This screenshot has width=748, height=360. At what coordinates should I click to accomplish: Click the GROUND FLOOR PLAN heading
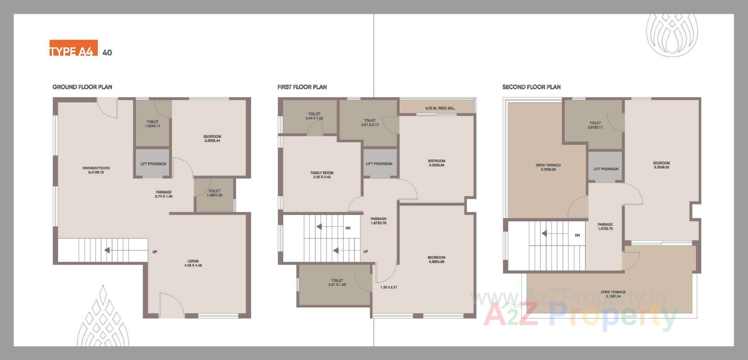pos(82,87)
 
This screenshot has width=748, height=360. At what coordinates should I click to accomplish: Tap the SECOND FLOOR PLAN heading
pos(531,87)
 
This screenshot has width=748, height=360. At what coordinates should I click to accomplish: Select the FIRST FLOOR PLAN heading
pos(302,87)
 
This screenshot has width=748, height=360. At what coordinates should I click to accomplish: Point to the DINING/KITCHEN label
pos(96,170)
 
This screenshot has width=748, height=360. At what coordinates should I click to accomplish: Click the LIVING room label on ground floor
pos(193,263)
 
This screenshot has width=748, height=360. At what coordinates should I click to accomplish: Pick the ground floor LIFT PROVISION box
pos(153,164)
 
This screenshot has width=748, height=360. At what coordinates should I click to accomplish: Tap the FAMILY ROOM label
pos(322,175)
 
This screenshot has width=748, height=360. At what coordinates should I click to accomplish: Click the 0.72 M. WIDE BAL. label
pos(440,108)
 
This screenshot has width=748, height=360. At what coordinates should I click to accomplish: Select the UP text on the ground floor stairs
pos(155,252)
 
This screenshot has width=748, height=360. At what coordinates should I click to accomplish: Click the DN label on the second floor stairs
pos(577,235)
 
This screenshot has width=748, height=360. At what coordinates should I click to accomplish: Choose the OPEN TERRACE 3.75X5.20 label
pos(548,167)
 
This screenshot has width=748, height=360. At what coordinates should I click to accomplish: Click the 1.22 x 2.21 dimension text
pos(388,287)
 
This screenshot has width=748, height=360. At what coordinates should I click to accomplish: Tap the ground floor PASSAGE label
pos(164,194)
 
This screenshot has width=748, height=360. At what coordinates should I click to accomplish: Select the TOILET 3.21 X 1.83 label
pos(337,282)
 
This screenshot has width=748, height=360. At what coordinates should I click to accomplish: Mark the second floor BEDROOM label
pos(662,165)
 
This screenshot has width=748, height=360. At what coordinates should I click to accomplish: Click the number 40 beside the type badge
pos(107,53)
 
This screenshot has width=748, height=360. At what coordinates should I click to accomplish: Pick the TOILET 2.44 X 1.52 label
pos(314,116)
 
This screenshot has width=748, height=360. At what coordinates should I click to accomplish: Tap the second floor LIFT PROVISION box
pos(606,169)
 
